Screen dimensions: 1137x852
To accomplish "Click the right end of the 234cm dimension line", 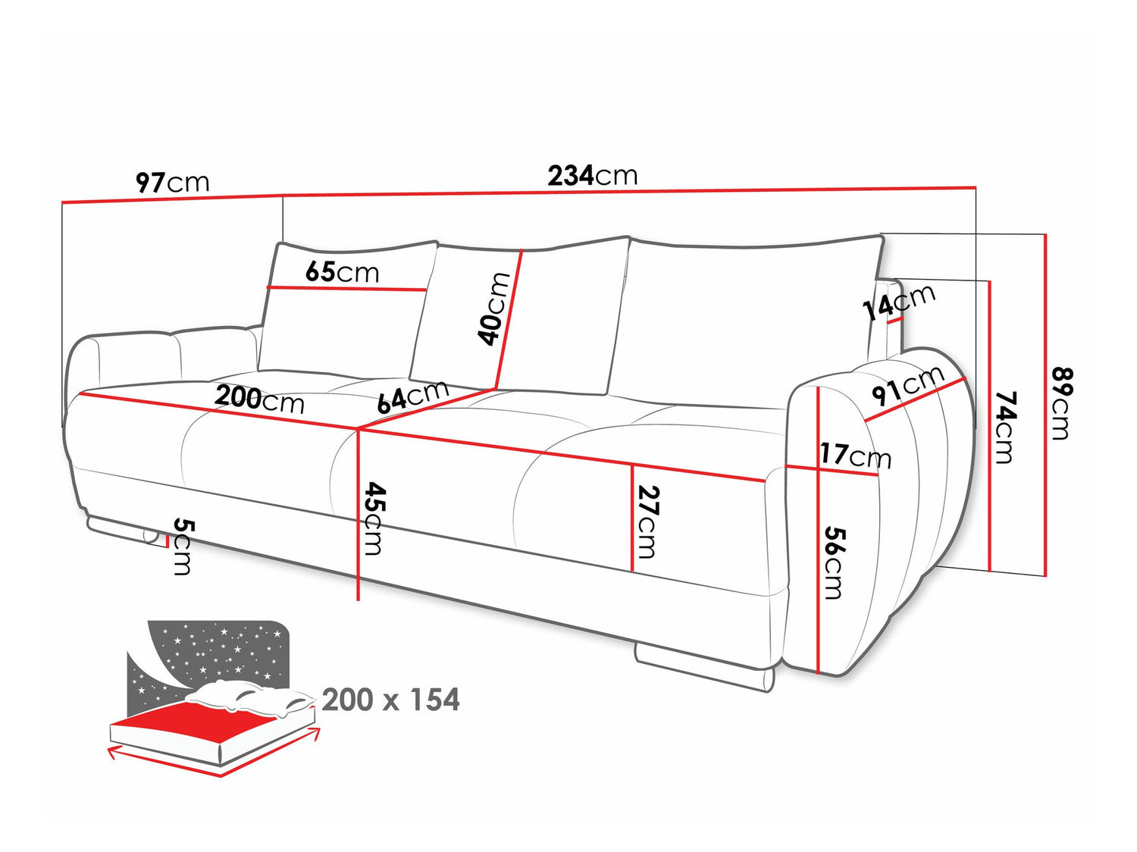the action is click(976, 186).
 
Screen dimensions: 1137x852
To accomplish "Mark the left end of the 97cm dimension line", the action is click(62, 202).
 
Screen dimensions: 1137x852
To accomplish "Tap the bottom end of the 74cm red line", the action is click(989, 571).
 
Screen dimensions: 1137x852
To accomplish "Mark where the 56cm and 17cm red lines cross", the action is click(818, 469).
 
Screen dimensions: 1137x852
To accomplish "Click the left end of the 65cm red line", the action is click(268, 287).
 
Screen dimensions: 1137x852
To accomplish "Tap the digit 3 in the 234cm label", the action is click(571, 176).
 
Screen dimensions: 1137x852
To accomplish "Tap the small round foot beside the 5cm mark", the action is click(150, 536).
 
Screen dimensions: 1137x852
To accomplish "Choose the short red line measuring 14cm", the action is click(895, 320).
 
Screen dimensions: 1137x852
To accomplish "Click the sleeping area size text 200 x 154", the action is click(390, 700).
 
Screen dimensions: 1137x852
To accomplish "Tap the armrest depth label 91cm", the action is click(907, 387).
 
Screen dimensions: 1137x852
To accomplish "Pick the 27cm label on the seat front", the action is click(648, 522).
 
